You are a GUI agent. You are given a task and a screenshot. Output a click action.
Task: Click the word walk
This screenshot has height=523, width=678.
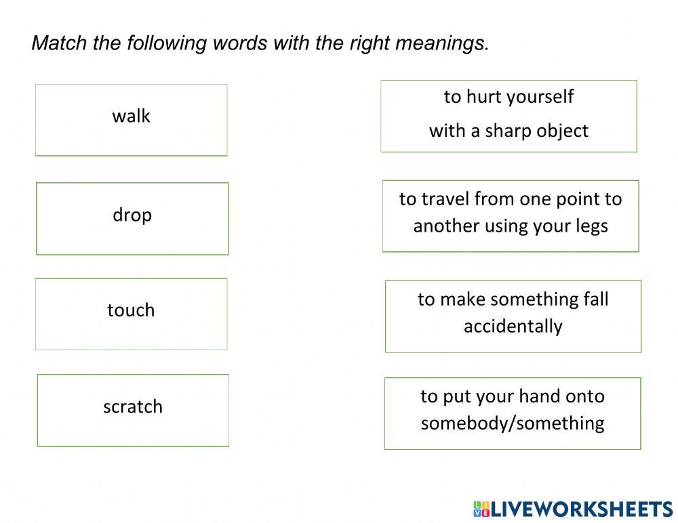(x=131, y=116)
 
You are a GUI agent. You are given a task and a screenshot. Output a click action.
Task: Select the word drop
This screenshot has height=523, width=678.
(x=132, y=215)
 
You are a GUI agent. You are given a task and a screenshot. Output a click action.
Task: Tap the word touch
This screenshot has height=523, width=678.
(x=131, y=310)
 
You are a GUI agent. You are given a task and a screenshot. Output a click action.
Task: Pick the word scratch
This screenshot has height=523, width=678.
(x=133, y=406)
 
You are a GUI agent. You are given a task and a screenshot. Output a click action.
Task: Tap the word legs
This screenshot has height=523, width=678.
(x=591, y=226)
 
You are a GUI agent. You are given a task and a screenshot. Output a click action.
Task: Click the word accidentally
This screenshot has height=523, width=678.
(x=513, y=326)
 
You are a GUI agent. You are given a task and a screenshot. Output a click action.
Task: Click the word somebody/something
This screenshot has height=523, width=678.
(x=513, y=423)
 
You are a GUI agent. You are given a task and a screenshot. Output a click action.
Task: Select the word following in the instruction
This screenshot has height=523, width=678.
(x=165, y=43)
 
